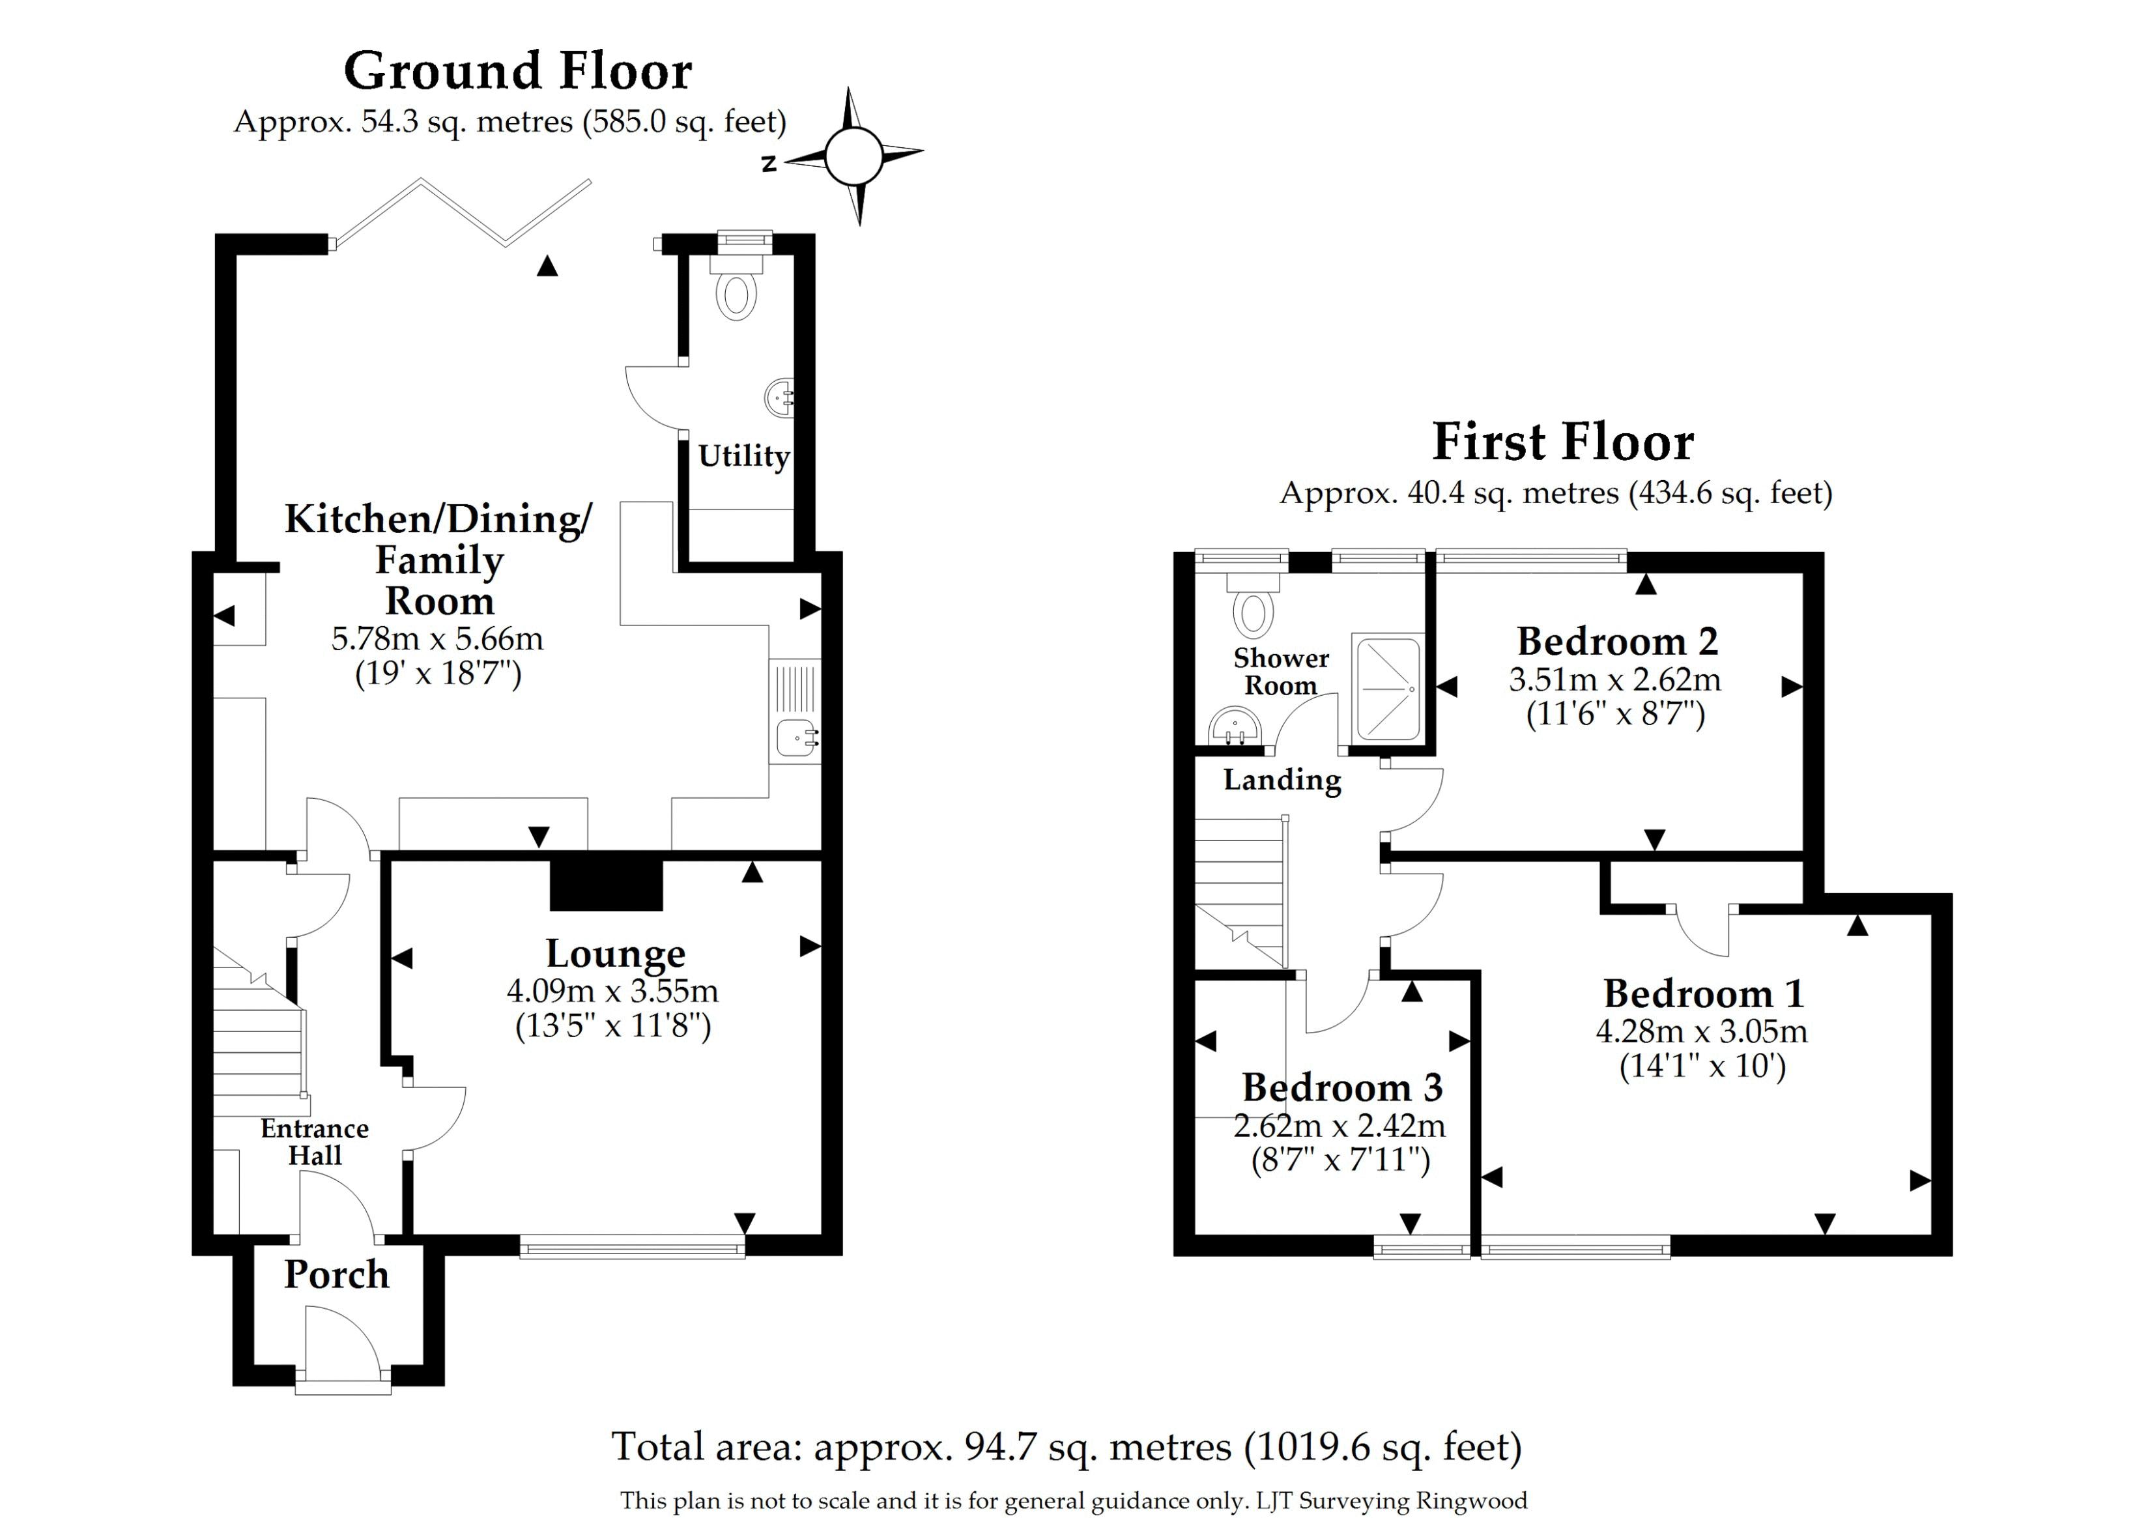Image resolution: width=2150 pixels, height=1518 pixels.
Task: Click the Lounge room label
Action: coord(615,953)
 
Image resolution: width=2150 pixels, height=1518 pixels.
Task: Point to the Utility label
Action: coord(743,456)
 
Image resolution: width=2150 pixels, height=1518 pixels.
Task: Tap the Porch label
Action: coord(336,1274)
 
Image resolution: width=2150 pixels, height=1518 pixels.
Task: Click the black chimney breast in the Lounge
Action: coord(606,882)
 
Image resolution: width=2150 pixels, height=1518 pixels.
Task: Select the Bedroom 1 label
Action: coord(1702,994)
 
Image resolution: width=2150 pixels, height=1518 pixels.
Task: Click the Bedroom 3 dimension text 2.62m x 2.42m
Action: coord(1339,1124)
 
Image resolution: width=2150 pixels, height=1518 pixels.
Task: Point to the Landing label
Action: coord(1282,779)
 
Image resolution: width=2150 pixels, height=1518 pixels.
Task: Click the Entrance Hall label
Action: coord(315,1141)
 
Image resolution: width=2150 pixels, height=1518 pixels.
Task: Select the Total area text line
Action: coord(1067,1447)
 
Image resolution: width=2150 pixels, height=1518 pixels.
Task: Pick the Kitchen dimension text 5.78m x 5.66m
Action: coord(437,638)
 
